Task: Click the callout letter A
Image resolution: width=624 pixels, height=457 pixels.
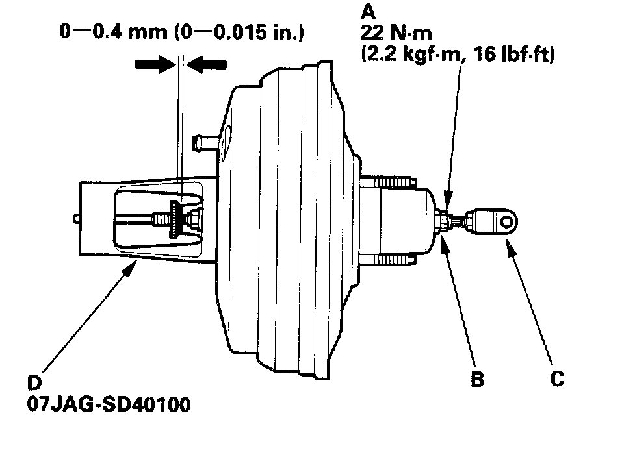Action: tap(367, 10)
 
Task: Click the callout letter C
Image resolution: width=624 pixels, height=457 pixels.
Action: tap(557, 378)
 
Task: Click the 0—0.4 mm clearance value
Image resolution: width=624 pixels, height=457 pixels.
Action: tap(114, 32)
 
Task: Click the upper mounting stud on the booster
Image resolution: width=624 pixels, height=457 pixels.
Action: tap(390, 177)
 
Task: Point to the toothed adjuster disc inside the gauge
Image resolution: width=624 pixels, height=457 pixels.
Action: tap(175, 219)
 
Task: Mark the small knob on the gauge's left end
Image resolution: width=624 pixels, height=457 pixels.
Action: tap(78, 219)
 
